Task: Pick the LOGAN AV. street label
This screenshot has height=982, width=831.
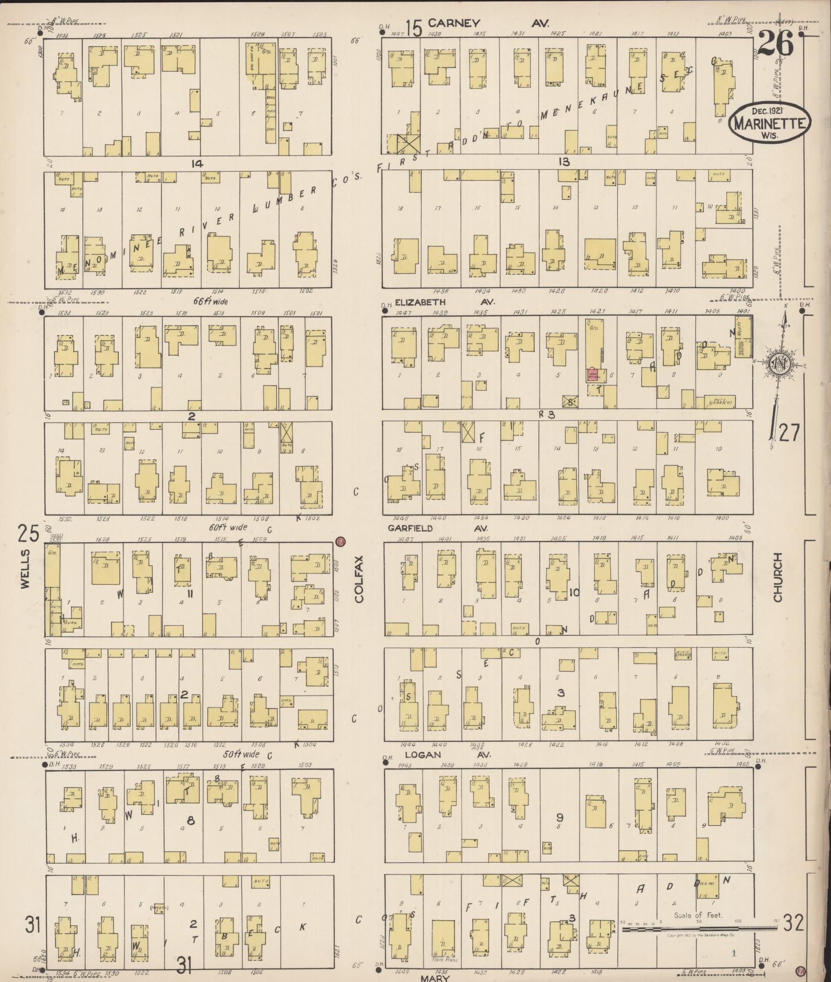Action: coord(447,754)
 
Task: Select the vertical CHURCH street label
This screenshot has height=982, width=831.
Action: coord(777,577)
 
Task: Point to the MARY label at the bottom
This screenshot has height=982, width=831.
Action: coord(436,977)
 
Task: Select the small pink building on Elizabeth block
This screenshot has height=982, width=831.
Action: coord(593,375)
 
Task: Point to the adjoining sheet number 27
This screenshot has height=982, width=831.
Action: coord(788,433)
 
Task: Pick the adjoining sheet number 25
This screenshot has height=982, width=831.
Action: coord(29,534)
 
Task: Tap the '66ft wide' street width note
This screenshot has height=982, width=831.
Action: coord(210,301)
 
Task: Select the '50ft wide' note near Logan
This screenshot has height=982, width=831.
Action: coord(241,754)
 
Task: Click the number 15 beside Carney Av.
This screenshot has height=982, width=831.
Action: coord(414,28)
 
